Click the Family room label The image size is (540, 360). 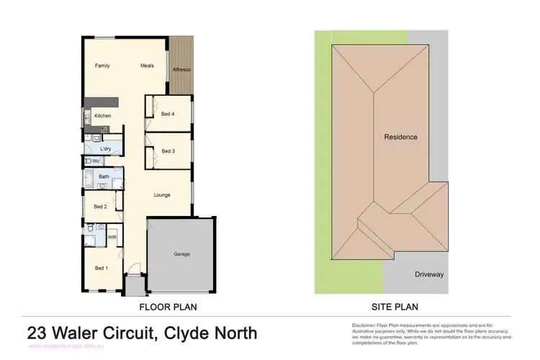[x=103, y=66]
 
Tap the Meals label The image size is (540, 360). [x=147, y=66]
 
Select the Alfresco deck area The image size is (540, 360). [x=181, y=70]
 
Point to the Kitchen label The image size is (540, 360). [x=102, y=115]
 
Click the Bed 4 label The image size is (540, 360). [x=168, y=114]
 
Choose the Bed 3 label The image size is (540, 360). [x=168, y=150]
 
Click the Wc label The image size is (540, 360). [x=96, y=161]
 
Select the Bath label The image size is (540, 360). [x=104, y=176]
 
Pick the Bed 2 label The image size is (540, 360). [x=100, y=207]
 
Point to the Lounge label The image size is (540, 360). [x=162, y=194]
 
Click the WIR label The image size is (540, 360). [x=112, y=236]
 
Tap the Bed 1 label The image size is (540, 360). [x=102, y=269]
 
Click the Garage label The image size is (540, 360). [x=181, y=254]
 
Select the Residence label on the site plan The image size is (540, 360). [x=400, y=137]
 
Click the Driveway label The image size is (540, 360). [x=429, y=274]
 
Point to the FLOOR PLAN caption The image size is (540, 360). [x=168, y=307]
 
